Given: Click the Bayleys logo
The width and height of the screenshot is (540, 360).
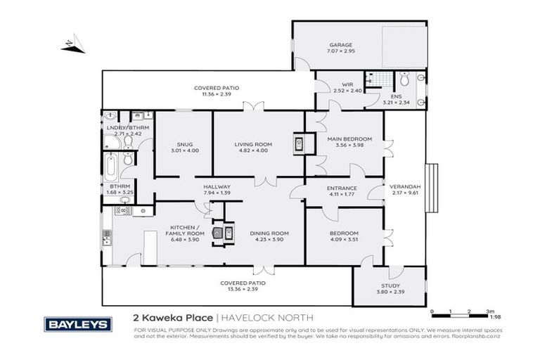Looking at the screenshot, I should click(x=78, y=324).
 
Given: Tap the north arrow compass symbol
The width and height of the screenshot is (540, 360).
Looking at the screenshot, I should click(x=72, y=46).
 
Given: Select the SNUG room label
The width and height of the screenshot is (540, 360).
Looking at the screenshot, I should click(x=185, y=144).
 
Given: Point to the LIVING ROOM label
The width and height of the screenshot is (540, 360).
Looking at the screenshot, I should click(x=253, y=144).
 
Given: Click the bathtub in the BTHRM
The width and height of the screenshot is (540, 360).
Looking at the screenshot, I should click(x=110, y=167).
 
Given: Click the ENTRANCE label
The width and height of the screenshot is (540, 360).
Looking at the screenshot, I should click(x=342, y=188).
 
